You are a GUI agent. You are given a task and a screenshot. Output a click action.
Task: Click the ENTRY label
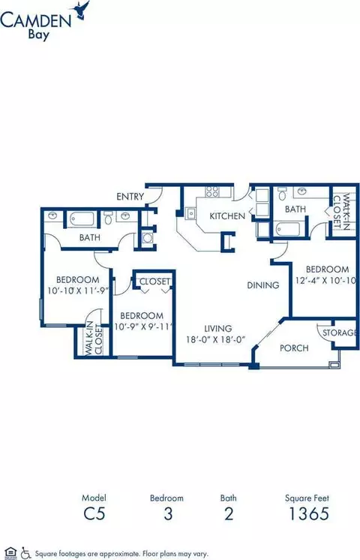coord(130,197)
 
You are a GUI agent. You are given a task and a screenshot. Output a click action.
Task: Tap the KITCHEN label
coord(227,215)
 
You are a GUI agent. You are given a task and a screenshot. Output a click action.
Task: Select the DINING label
coord(263,285)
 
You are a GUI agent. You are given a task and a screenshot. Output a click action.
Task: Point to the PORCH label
coord(294,348)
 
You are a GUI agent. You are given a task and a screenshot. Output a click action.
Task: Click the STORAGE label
coord(339,333)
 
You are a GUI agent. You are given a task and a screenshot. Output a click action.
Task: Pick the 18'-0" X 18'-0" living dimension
coord(215,339)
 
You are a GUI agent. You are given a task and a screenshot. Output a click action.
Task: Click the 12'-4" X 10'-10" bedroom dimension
coord(325,280)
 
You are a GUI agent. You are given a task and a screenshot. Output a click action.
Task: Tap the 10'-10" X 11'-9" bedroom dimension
coord(78,291)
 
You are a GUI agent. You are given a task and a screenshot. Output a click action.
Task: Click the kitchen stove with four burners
coord(212,191)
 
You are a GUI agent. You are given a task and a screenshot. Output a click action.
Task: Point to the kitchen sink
coord(191,213)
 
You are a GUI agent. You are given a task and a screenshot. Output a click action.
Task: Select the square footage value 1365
coord(308,514)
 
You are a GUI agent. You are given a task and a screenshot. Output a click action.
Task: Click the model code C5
coord(94,514)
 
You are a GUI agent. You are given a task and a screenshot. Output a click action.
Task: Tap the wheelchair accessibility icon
coord(25,552)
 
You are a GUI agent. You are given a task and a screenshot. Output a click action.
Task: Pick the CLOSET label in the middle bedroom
coord(154,282)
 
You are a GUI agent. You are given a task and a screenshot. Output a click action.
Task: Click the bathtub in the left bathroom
coord(82,220)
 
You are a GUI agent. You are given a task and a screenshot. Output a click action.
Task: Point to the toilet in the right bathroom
coord(282,194)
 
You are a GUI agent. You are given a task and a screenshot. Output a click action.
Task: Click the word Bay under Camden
coord(38,35)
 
